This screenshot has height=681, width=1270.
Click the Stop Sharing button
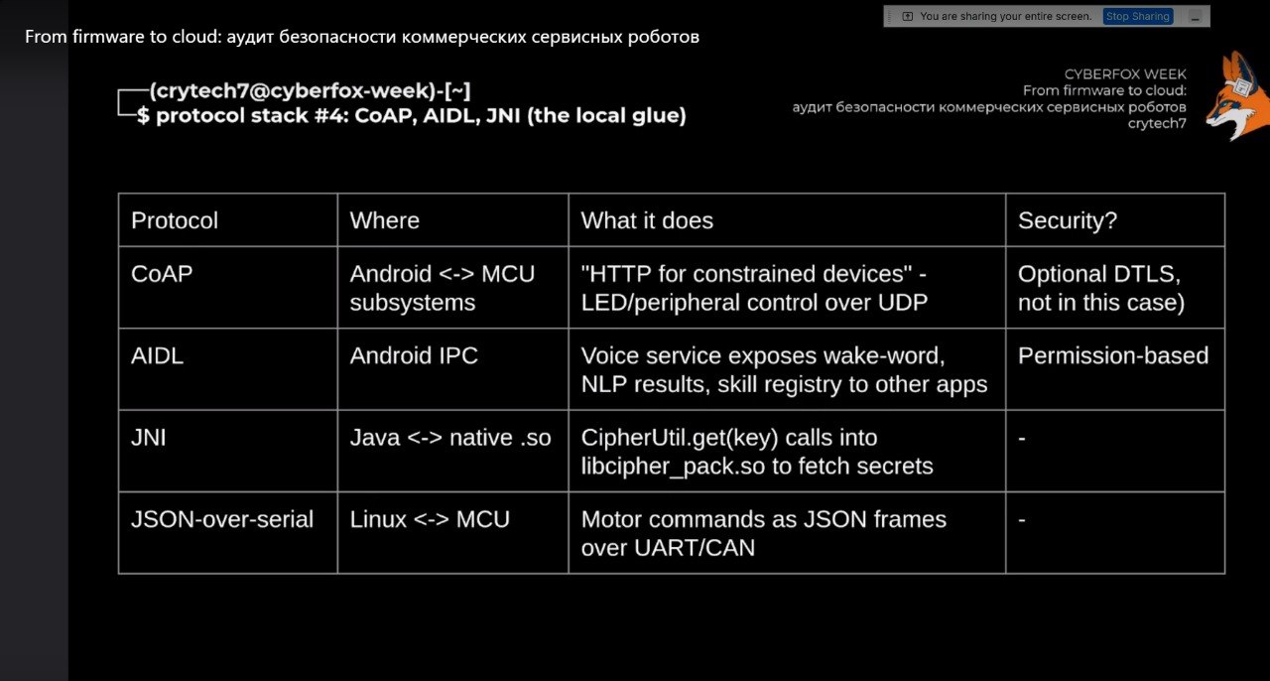click(1138, 17)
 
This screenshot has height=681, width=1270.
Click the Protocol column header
click(175, 220)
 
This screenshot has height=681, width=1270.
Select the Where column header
click(384, 220)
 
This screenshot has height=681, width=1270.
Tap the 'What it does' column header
click(647, 220)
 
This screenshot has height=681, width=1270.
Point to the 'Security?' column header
click(1068, 220)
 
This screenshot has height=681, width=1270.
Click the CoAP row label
click(162, 274)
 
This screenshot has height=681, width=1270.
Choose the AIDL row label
click(157, 355)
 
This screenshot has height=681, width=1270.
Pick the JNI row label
click(149, 438)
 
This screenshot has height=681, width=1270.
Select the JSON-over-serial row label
click(222, 519)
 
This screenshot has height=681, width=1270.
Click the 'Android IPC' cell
click(414, 355)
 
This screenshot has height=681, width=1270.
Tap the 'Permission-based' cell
click(1113, 355)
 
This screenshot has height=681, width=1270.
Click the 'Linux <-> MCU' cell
click(430, 519)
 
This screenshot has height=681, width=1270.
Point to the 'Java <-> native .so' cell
click(450, 438)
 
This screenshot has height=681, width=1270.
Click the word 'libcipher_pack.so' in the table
click(673, 467)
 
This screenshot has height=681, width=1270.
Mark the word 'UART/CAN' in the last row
click(695, 548)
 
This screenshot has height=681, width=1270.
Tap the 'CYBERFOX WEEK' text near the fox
click(1125, 74)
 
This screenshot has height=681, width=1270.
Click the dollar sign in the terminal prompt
click(143, 116)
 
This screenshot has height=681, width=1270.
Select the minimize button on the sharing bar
click(1196, 17)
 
